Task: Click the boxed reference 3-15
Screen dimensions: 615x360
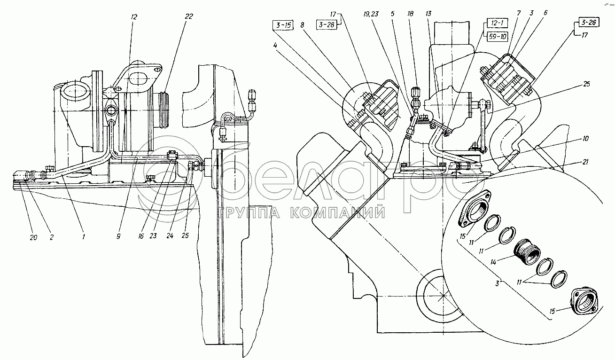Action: [283, 25]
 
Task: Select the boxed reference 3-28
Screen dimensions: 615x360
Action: [327, 25]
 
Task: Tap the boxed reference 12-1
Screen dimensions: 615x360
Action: [497, 23]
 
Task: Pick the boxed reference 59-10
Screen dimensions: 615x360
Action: [497, 36]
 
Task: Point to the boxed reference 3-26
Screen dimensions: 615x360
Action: [589, 22]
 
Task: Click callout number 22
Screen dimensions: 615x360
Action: [189, 16]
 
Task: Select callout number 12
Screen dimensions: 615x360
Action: [134, 17]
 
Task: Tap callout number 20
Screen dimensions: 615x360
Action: [33, 237]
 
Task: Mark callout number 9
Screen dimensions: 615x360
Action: [118, 236]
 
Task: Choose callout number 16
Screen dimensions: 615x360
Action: [141, 236]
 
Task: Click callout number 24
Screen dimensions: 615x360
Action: [170, 235]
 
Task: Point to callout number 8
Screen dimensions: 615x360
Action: [302, 25]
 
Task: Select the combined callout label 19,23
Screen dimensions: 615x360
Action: [371, 14]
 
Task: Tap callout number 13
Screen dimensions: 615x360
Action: [428, 14]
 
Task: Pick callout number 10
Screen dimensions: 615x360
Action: [585, 139]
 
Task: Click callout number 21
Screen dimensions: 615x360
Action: [585, 162]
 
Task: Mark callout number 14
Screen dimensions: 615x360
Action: [493, 262]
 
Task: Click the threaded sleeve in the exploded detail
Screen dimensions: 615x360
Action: [527, 252]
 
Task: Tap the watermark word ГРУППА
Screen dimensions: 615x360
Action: [250, 212]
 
